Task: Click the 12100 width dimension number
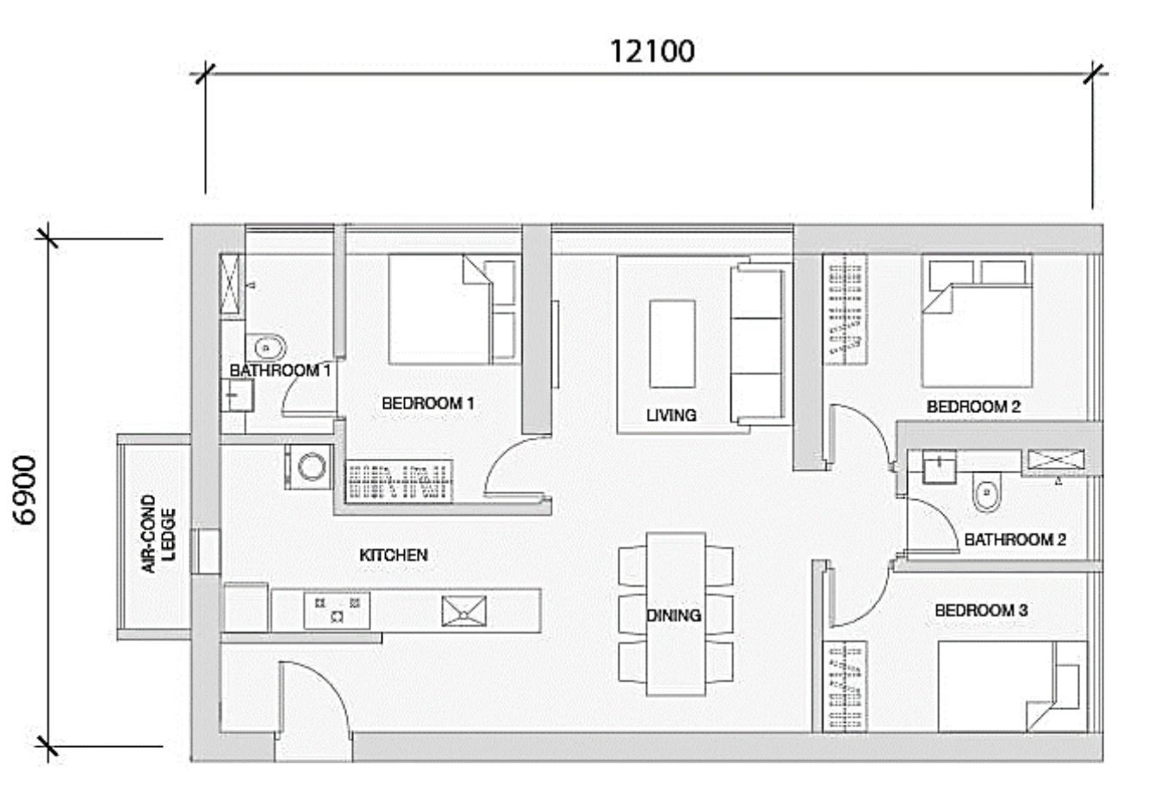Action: click(x=652, y=52)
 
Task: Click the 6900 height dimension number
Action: click(x=25, y=491)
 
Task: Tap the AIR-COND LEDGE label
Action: click(x=158, y=534)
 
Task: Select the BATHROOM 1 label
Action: click(x=280, y=371)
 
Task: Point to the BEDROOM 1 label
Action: click(x=428, y=404)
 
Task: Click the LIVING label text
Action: click(x=671, y=416)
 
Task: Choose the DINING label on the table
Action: click(x=674, y=615)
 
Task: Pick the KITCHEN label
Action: click(x=394, y=555)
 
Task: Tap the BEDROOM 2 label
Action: click(x=973, y=407)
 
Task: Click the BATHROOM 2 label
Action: click(x=1015, y=540)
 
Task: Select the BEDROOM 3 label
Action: click(x=981, y=610)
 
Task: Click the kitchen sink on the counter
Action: click(x=463, y=611)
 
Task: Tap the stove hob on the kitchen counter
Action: click(x=337, y=610)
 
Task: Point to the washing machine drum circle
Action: click(x=312, y=467)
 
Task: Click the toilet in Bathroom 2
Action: click(x=986, y=492)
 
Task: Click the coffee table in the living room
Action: click(x=673, y=344)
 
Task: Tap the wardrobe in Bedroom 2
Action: click(x=845, y=310)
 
